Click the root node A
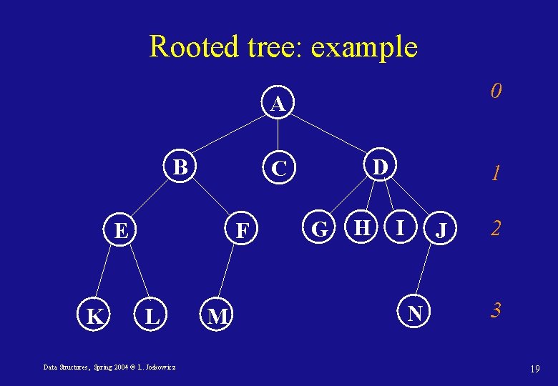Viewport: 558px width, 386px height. tap(278, 104)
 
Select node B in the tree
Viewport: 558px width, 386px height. tap(182, 167)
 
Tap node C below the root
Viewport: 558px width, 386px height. tap(278, 169)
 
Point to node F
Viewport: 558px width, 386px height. tap(243, 231)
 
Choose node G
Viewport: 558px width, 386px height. tap(320, 229)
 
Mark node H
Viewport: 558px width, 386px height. tap(363, 228)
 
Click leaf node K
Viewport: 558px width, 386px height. tap(94, 315)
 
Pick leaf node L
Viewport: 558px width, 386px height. tap(152, 315)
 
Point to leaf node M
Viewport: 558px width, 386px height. tap(217, 315)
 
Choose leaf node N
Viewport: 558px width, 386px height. tap(414, 312)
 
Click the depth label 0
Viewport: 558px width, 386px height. tap(495, 91)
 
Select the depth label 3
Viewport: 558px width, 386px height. tap(495, 310)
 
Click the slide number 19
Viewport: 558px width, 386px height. tap(534, 369)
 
